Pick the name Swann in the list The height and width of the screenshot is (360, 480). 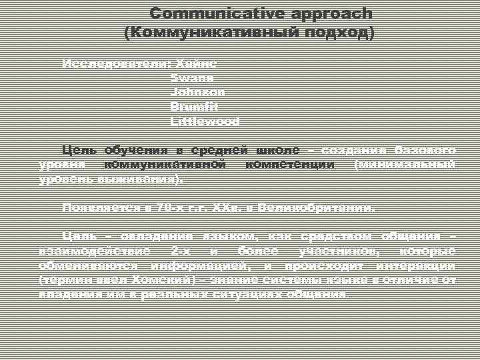click(192, 78)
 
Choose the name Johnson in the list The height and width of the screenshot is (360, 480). click(198, 92)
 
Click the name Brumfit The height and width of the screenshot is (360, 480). click(195, 107)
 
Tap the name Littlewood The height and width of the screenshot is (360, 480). click(205, 121)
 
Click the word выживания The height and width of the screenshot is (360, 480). click(145, 179)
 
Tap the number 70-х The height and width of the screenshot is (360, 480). click(168, 207)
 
